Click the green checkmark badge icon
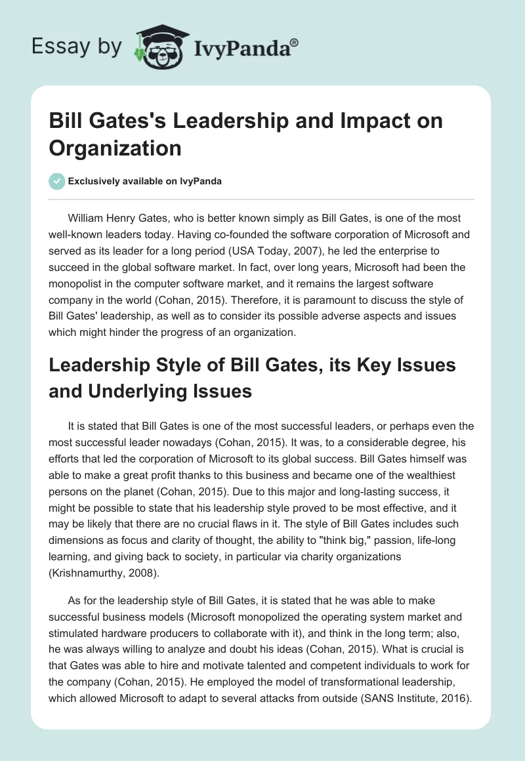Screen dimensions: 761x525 click(x=57, y=182)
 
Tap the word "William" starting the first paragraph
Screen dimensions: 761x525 click(x=89, y=218)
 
